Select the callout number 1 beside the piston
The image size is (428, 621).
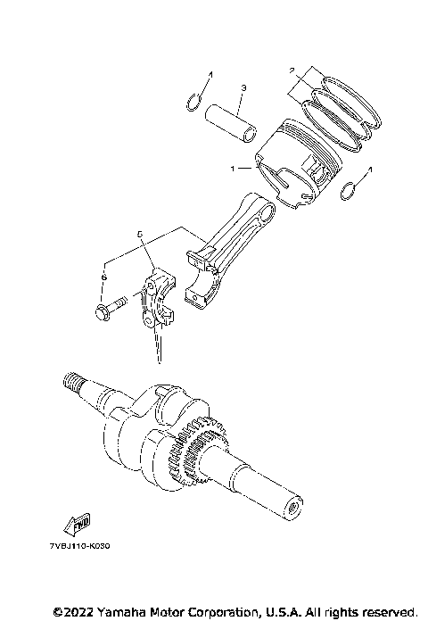(x=232, y=168)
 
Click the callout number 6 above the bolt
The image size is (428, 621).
(x=103, y=277)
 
